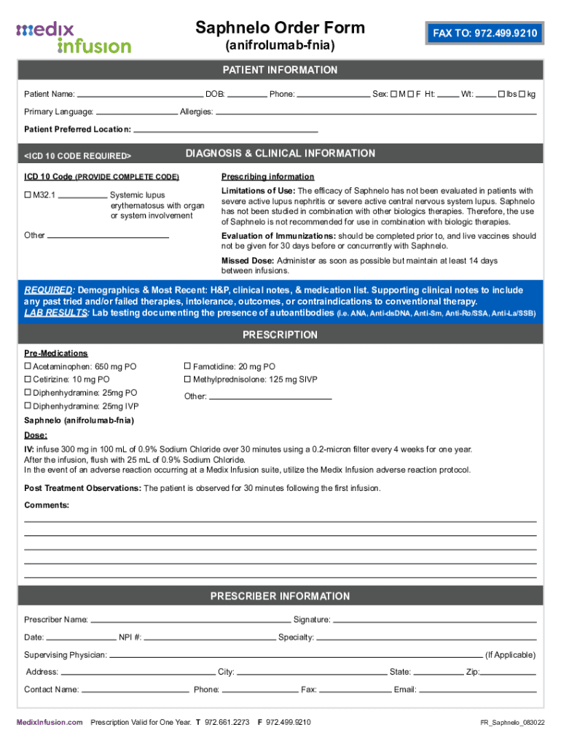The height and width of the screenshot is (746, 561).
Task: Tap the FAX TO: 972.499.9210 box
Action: point(485,34)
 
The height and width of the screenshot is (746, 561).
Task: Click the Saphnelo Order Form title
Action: point(280,28)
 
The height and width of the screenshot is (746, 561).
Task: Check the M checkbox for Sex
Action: point(393,94)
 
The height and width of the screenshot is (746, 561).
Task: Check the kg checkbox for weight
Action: point(522,94)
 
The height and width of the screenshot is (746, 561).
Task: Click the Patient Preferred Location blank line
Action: point(226,130)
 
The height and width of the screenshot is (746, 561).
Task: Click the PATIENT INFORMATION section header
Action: point(280,70)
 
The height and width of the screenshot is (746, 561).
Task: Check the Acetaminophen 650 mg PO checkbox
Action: point(28,366)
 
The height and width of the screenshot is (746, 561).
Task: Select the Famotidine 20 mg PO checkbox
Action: point(187,366)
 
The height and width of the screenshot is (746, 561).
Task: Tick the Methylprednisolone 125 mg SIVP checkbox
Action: point(187,380)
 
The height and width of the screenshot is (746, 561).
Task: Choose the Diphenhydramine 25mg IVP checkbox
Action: point(28,406)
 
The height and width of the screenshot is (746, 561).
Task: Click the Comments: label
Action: point(47,505)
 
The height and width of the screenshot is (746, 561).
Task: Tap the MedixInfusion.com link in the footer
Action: point(50,722)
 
